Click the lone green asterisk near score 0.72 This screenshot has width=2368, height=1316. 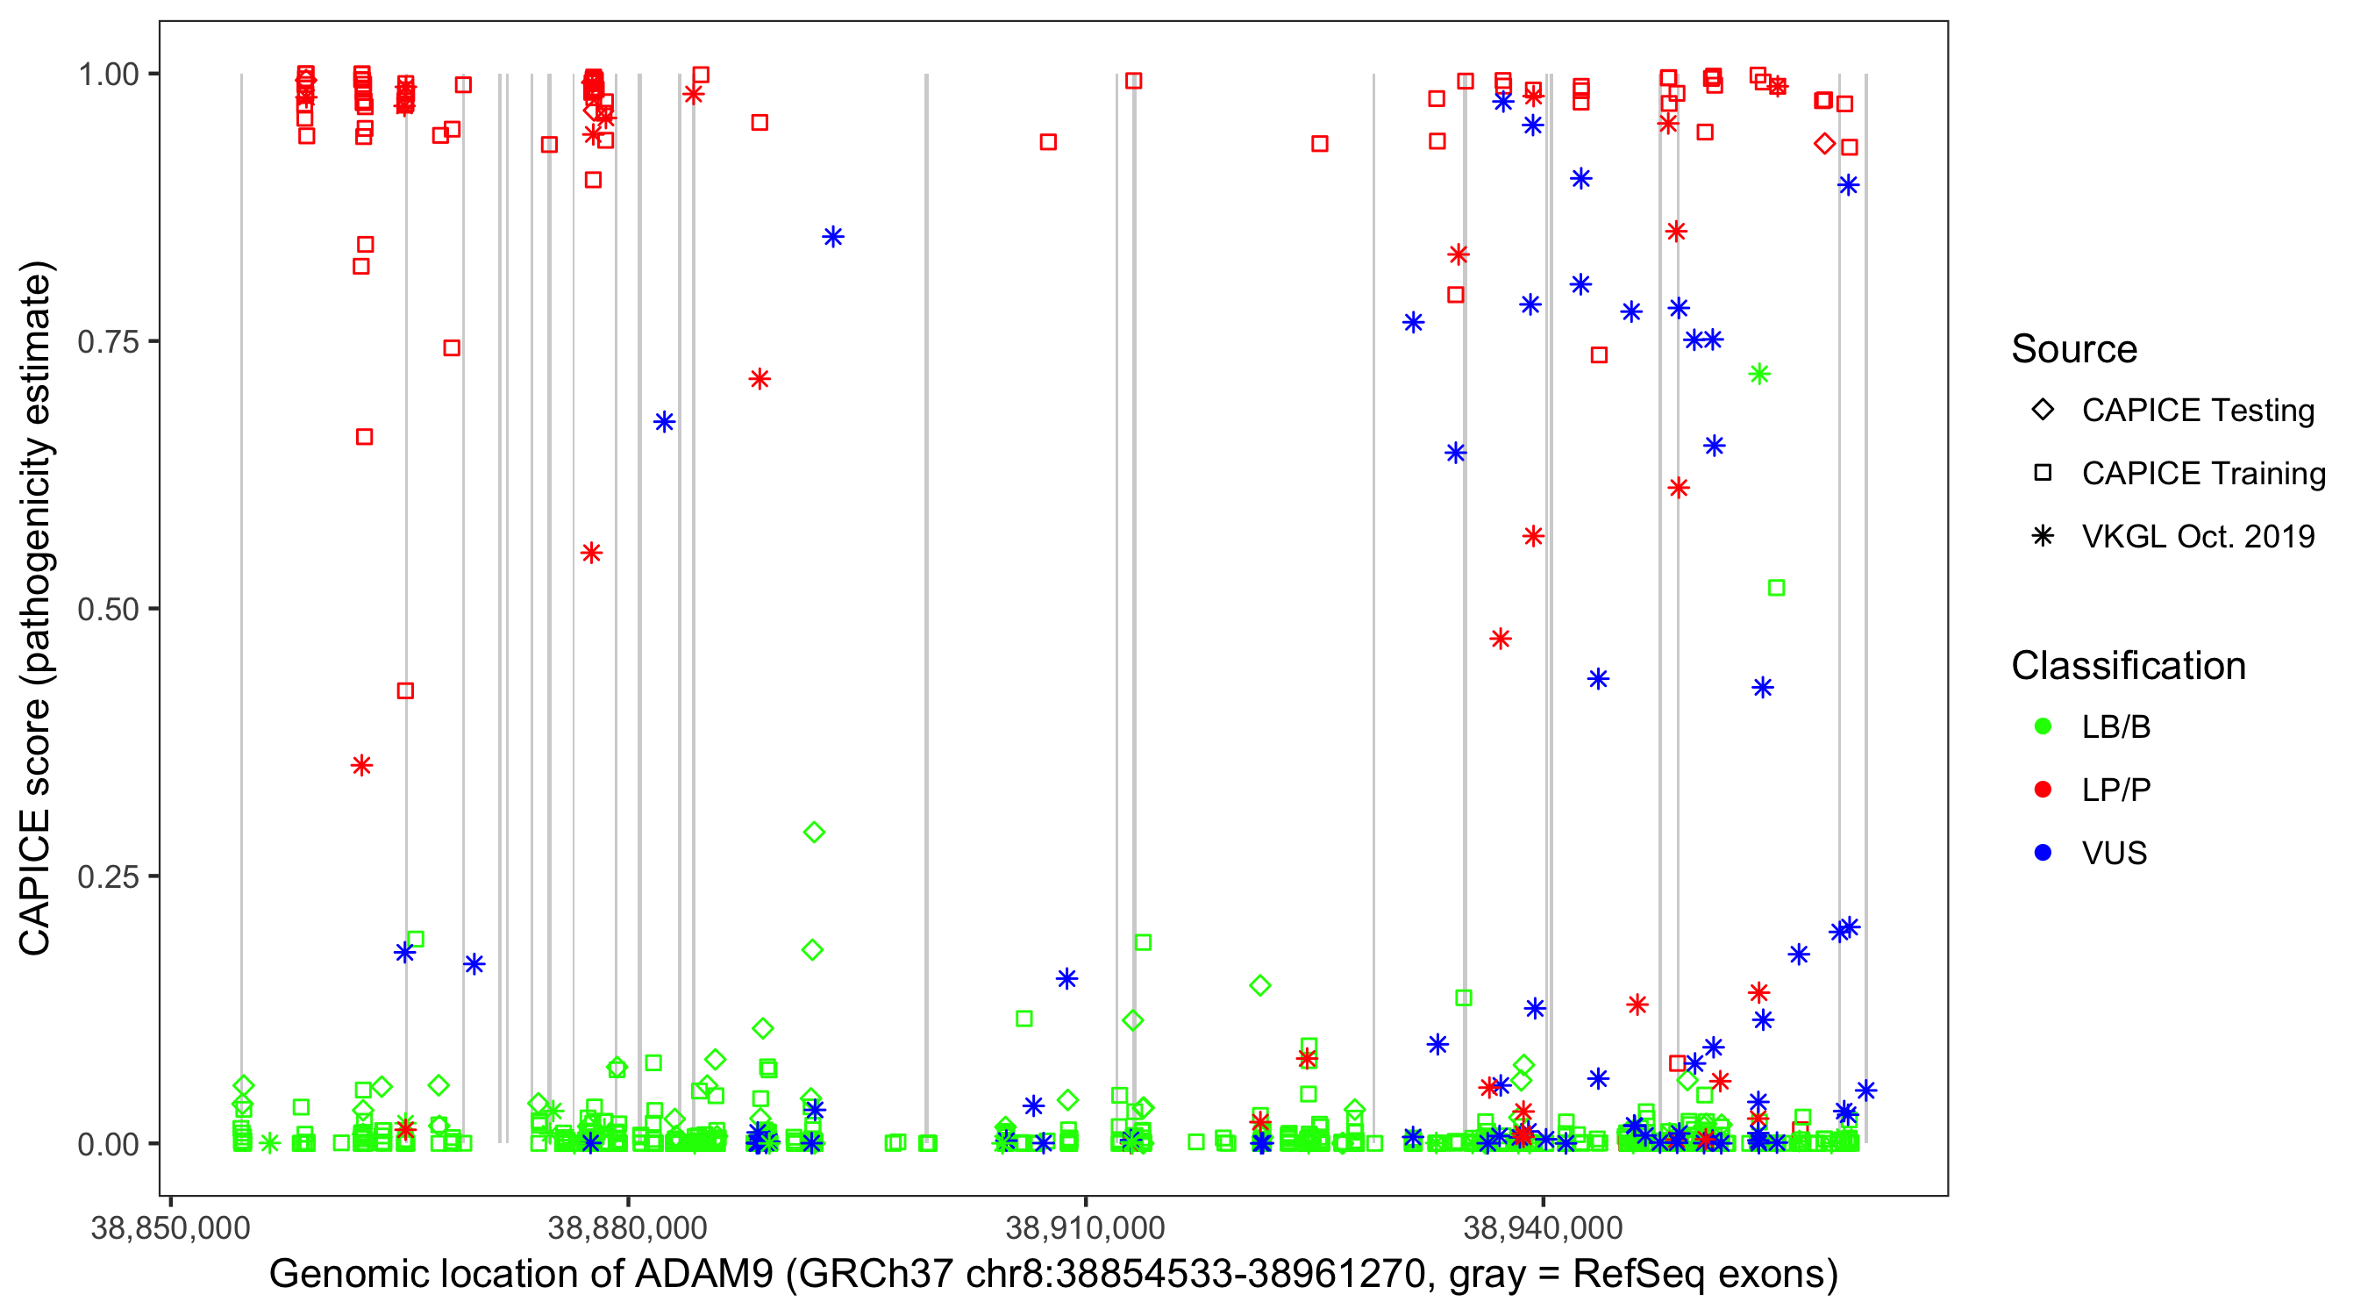(x=1758, y=375)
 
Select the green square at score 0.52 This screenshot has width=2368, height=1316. (x=1776, y=588)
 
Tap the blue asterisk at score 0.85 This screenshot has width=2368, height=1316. (x=833, y=237)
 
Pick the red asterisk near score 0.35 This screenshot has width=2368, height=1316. (x=361, y=765)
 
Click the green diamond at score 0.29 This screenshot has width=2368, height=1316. (x=814, y=833)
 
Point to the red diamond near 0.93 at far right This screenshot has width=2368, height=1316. (x=1825, y=144)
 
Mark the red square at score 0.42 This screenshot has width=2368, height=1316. (x=404, y=690)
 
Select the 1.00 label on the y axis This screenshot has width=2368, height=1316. (x=108, y=75)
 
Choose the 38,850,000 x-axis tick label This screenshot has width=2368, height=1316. (x=170, y=1227)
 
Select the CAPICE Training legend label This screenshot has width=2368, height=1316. (x=2202, y=474)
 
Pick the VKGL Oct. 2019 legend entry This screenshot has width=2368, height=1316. (x=2197, y=537)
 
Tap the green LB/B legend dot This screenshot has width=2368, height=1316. (x=2043, y=727)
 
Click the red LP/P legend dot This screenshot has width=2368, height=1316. (x=2043, y=790)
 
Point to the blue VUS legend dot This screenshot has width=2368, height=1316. (x=2043, y=854)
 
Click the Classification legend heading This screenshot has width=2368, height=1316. (x=2128, y=666)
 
